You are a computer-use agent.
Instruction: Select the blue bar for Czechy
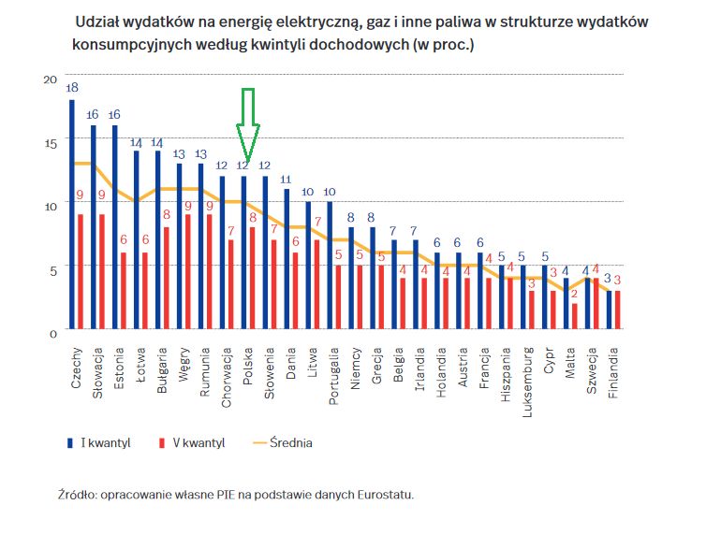click(x=72, y=215)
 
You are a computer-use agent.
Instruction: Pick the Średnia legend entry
click(x=286, y=443)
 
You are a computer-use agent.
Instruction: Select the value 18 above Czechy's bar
click(x=72, y=87)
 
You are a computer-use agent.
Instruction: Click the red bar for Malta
click(x=575, y=317)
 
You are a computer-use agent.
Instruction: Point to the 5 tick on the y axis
click(x=52, y=268)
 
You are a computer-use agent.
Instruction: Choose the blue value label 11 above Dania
click(x=287, y=179)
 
